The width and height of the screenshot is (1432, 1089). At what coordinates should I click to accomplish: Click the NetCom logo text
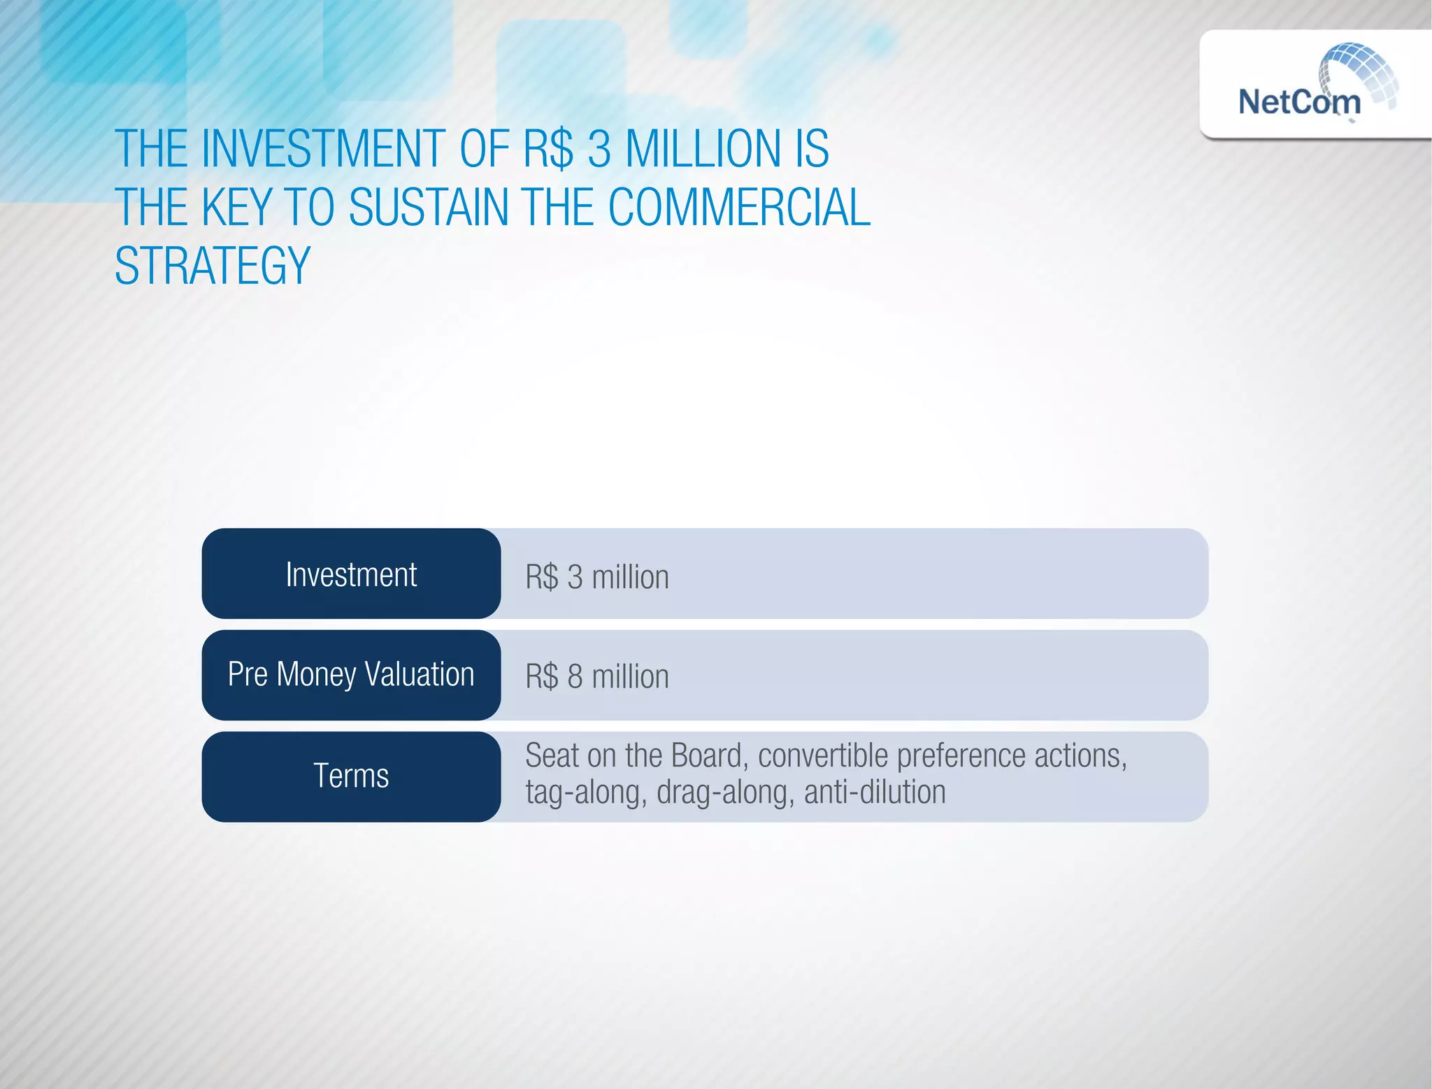1299,102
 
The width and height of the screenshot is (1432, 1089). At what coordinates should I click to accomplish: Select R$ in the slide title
548,149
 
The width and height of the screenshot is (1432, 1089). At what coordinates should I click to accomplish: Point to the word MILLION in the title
702,149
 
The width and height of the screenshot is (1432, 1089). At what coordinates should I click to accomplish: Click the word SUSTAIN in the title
429,208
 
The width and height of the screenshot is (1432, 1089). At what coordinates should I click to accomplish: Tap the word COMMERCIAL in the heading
739,208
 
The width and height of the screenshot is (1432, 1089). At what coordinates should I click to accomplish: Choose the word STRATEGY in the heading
213,266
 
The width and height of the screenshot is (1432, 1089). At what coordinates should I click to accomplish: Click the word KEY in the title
236,208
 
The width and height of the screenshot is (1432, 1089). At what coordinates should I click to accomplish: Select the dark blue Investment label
351,574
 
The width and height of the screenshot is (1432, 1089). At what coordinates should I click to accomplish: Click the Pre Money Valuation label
351,675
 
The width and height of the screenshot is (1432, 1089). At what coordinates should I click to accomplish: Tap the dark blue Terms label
351,776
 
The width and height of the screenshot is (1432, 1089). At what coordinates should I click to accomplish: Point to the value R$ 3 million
597,578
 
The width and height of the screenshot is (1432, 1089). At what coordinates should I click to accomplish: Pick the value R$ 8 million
597,677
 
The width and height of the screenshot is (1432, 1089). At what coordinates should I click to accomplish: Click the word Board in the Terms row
709,756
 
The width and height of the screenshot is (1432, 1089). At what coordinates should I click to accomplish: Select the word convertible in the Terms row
823,756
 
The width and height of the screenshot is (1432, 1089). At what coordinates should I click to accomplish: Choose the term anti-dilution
875,793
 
